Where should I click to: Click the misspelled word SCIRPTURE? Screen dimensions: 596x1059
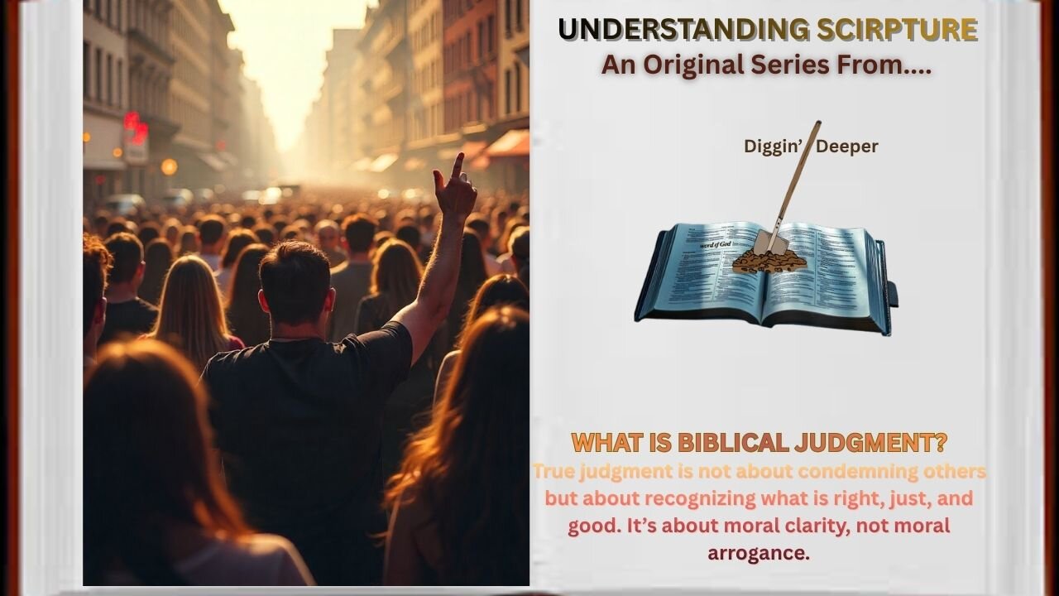(897, 30)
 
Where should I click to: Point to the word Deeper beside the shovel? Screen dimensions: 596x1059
(847, 147)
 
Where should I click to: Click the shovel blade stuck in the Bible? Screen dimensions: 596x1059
(765, 243)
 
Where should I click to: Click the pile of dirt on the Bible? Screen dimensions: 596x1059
(769, 262)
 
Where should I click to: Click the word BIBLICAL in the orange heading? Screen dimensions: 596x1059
(734, 443)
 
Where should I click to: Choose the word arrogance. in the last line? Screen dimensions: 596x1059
(759, 553)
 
